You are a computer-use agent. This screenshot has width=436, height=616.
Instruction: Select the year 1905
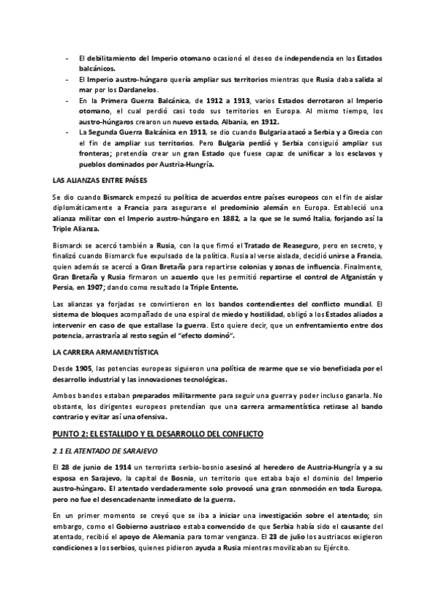[82, 368]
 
